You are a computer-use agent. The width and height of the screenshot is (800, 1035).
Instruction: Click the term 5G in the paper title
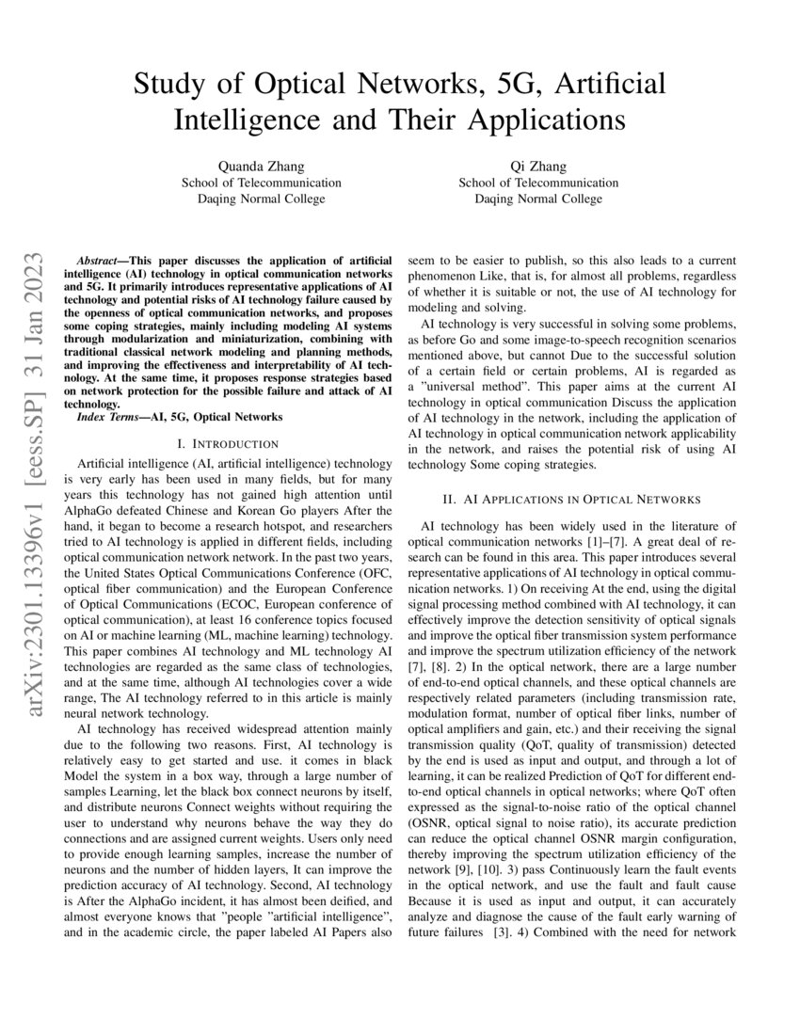click(515, 84)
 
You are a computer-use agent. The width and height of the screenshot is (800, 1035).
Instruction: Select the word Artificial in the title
click(611, 84)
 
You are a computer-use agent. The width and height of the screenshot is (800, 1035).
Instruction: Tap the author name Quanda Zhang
click(262, 167)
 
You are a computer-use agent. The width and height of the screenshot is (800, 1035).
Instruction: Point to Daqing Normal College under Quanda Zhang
click(262, 199)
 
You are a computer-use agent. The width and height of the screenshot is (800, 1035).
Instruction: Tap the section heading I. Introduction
click(221, 443)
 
